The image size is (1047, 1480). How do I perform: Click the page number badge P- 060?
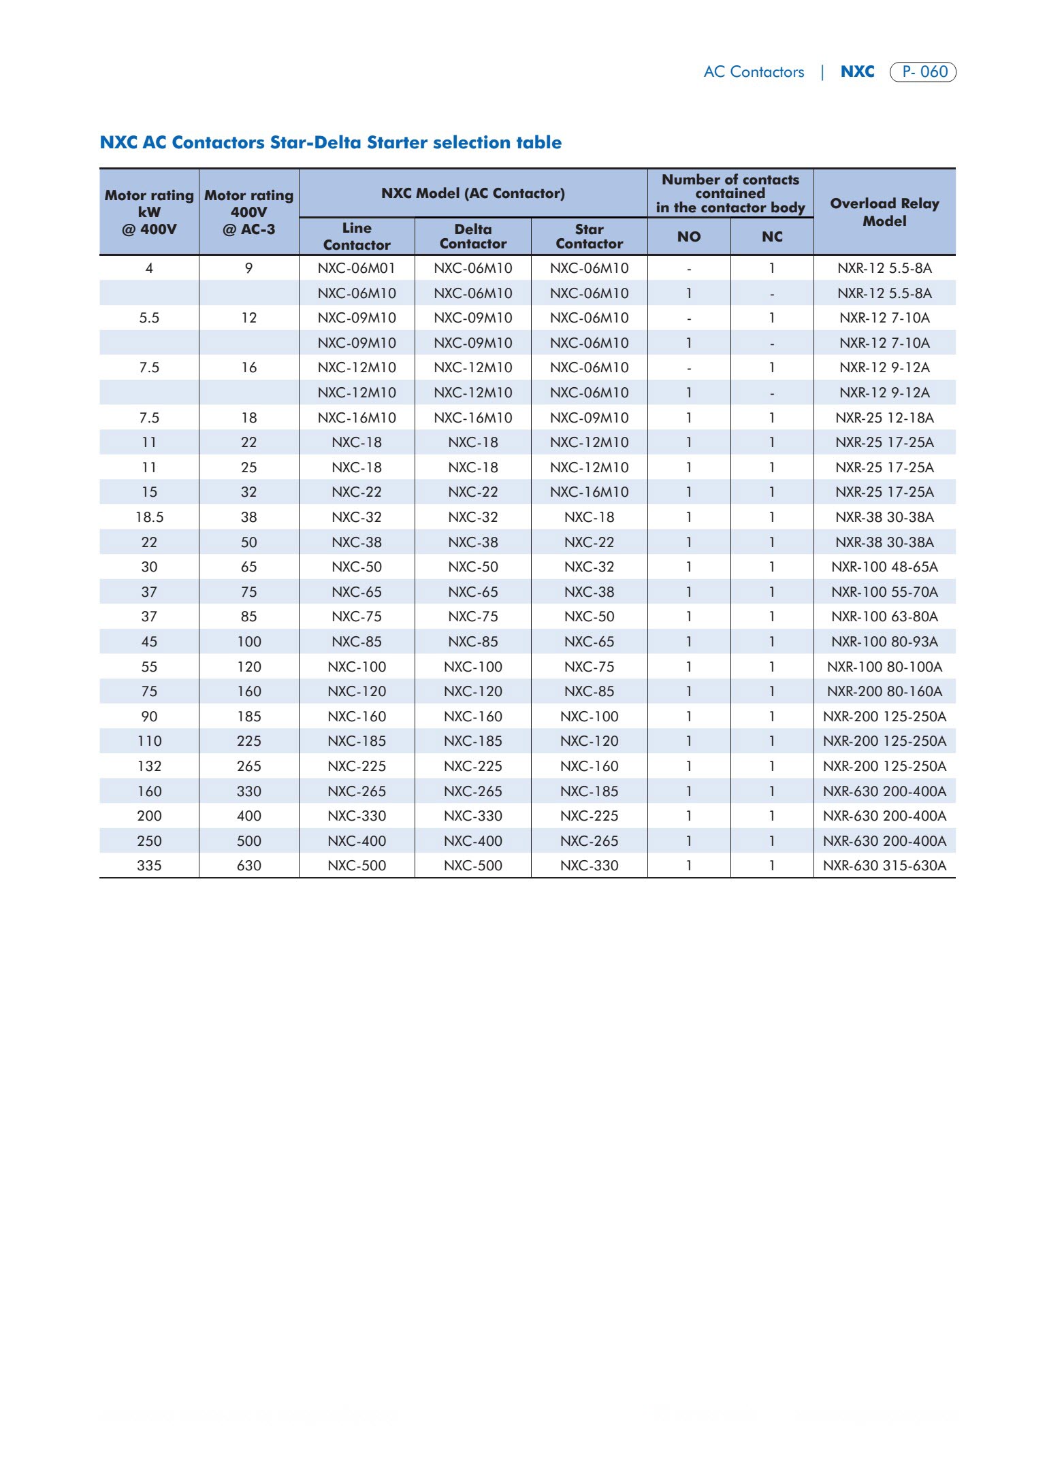pos(923,71)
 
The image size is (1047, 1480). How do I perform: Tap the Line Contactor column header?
pos(357,236)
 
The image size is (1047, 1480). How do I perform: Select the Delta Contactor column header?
pos(473,236)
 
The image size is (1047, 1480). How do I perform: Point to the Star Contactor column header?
pos(589,236)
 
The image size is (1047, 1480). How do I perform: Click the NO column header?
pos(689,237)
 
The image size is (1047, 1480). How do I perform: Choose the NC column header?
pos(772,237)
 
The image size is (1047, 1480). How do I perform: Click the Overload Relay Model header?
pos(884,212)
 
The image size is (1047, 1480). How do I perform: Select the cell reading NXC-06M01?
pos(357,268)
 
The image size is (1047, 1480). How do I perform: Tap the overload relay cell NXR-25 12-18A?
pos(884,418)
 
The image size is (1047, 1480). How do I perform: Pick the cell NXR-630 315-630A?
pos(884,866)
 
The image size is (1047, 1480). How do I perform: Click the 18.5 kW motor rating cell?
pos(149,517)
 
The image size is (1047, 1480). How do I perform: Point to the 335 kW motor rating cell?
pos(149,866)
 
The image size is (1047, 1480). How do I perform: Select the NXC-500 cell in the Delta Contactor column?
pos(473,866)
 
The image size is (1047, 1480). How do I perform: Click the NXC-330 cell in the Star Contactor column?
pos(589,866)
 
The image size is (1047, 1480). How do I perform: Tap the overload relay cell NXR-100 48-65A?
pos(884,567)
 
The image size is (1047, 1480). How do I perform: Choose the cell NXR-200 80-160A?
pos(884,691)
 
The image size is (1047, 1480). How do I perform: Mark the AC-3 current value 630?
pos(249,866)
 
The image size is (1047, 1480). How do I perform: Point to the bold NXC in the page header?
pos(857,71)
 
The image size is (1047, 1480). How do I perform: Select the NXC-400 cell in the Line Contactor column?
pos(357,841)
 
